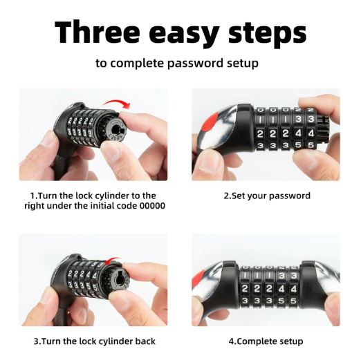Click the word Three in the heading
(x=98, y=32)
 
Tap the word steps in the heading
(x=268, y=35)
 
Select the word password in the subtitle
(x=195, y=64)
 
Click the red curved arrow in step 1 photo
(x=118, y=103)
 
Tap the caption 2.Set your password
(x=267, y=196)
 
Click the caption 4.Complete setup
(x=266, y=341)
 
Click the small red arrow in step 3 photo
(x=112, y=260)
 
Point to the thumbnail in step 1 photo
(x=113, y=151)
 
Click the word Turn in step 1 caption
(x=47, y=196)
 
